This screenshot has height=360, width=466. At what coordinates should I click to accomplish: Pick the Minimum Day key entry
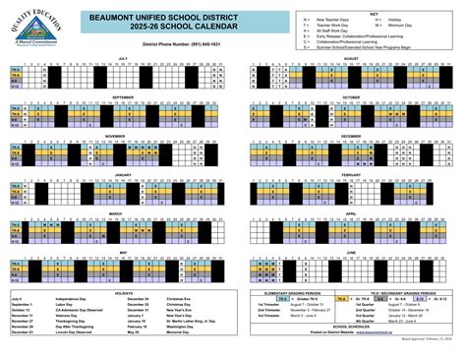[413, 25]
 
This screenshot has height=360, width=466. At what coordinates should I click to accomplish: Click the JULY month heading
[122, 58]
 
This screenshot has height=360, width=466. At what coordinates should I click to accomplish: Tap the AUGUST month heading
[352, 58]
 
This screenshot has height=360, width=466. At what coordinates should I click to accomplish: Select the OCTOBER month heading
[352, 97]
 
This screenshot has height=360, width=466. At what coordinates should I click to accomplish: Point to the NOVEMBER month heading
[122, 136]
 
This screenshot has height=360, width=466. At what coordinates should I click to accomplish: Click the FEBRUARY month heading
[352, 174]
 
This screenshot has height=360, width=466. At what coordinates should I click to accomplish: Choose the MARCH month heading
[122, 212]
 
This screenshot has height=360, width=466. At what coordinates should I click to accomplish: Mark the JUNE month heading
[352, 251]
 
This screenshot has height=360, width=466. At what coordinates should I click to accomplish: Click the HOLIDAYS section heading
[122, 291]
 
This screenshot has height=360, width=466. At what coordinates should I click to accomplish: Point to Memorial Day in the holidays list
[178, 332]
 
